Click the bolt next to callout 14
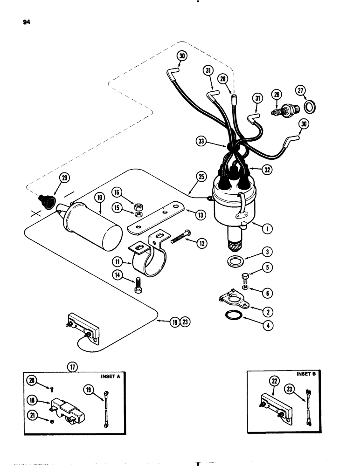(x=138, y=285)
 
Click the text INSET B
(x=306, y=374)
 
